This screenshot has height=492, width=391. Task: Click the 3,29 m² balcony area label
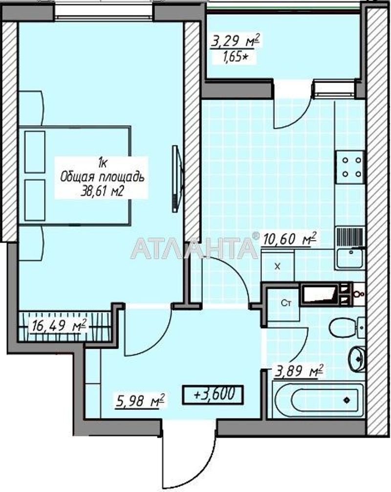tap(235, 41)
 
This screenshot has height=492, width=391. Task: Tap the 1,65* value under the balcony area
tap(235, 57)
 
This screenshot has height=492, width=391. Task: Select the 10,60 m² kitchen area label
tap(289, 239)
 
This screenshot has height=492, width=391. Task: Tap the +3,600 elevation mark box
tap(213, 394)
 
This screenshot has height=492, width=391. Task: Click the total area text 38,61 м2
tap(101, 191)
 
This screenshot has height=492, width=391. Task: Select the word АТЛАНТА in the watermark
tap(195, 248)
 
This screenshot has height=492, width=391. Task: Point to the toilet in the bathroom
tap(347, 327)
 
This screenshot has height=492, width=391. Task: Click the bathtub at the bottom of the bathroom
tap(318, 400)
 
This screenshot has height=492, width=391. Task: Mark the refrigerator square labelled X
tap(278, 267)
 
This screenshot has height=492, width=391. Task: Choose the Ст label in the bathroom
tap(286, 303)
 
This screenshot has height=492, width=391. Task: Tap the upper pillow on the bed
tap(35, 152)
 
